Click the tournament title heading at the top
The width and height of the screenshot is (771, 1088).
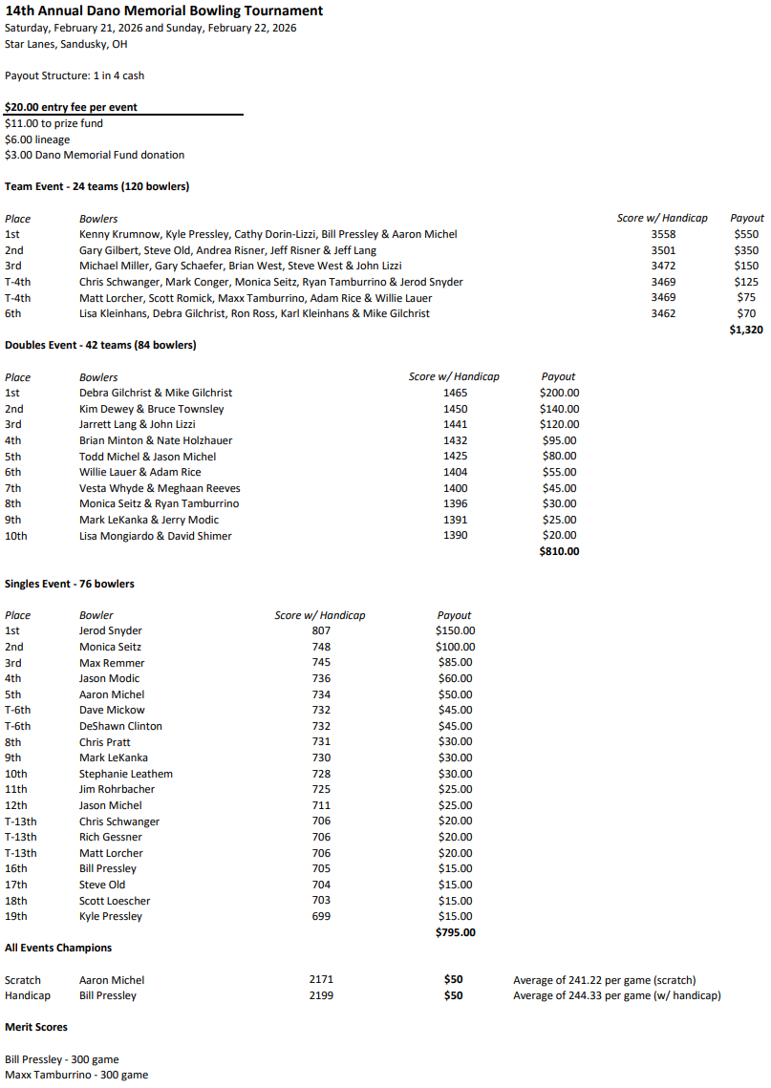163,11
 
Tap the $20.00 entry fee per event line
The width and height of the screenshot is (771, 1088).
71,107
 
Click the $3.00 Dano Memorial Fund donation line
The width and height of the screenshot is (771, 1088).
95,155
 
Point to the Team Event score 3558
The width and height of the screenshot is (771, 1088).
663,234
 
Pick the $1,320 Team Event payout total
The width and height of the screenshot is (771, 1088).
746,330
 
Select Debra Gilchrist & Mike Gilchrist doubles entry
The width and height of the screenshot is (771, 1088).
156,393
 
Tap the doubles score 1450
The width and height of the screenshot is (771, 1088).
456,409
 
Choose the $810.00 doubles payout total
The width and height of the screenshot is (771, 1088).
559,551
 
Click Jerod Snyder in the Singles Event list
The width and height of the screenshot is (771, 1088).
110,630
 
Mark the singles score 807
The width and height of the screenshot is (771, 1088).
321,630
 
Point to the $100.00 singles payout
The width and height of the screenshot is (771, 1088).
455,647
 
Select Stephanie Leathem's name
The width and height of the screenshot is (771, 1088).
126,774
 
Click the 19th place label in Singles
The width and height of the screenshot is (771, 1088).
16,916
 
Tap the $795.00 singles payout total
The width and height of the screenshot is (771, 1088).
455,932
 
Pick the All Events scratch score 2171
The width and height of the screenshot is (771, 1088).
322,980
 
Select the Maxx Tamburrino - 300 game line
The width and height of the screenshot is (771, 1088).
76,1075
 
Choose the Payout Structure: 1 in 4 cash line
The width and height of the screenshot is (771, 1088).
75,75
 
